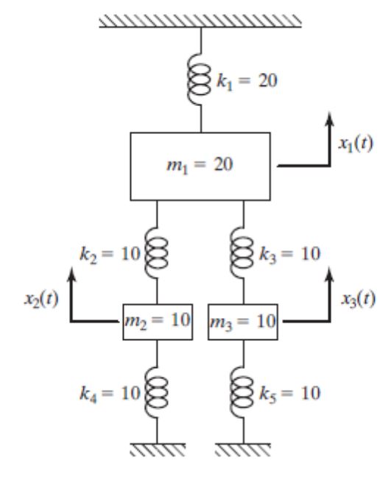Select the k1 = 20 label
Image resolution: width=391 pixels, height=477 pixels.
tap(247, 81)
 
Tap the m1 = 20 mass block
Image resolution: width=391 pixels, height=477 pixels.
tap(200, 166)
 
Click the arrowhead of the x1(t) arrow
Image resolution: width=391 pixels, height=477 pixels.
tap(329, 118)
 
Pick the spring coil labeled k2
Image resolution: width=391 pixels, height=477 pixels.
tap(156, 253)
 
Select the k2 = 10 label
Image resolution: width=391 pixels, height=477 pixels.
tap(110, 254)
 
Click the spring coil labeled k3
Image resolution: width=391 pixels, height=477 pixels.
tap(242, 253)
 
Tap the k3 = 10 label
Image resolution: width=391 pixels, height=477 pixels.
tap(290, 254)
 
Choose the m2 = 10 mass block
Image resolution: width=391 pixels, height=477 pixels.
tap(158, 322)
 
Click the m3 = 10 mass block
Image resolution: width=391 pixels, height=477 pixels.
tap(243, 322)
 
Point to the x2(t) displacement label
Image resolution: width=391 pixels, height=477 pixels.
tap(41, 299)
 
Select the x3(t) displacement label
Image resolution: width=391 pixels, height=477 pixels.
tap(358, 299)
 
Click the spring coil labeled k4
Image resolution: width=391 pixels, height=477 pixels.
tap(156, 392)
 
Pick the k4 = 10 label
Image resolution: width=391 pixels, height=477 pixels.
tap(110, 394)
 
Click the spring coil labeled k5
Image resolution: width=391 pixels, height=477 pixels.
tap(242, 392)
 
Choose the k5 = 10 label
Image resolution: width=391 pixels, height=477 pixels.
tap(290, 394)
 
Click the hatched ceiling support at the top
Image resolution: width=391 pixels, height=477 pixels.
tap(200, 21)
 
